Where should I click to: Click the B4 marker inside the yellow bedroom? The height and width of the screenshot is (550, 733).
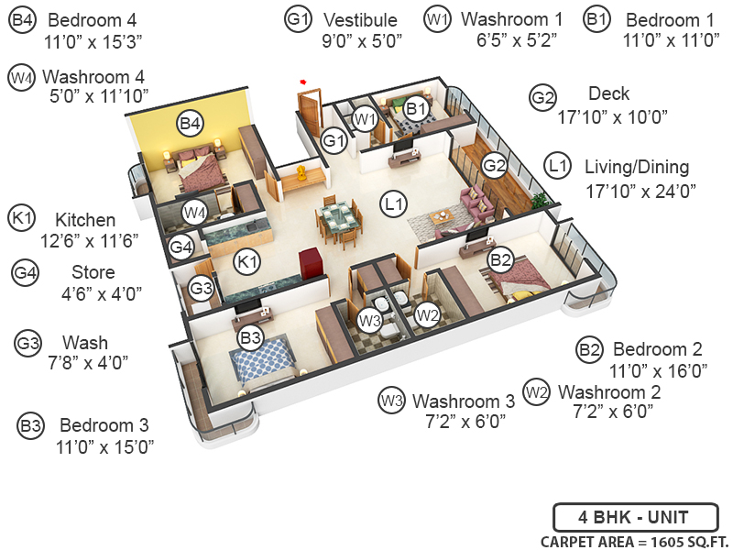190,122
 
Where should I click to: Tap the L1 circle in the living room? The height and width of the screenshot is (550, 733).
395,205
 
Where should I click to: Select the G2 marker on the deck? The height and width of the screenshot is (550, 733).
495,165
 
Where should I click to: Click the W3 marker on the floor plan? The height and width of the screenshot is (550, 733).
369,321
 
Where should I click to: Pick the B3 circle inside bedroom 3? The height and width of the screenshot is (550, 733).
250,337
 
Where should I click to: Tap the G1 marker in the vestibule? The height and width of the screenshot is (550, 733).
334,141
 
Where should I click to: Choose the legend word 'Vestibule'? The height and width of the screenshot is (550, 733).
359,20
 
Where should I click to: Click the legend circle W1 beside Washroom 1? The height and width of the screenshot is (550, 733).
438,18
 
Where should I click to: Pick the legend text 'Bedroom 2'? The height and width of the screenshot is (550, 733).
657,349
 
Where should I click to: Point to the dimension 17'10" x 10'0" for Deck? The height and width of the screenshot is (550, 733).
612,116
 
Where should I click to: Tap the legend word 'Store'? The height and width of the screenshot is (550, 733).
93,272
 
